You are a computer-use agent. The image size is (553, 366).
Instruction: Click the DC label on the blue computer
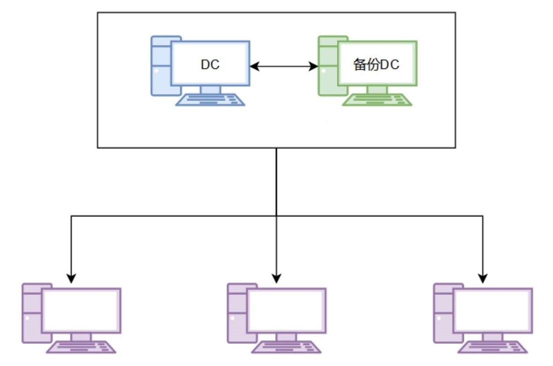pyautogui.click(x=210, y=65)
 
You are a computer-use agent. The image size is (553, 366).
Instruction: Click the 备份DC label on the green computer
pyautogui.click(x=376, y=65)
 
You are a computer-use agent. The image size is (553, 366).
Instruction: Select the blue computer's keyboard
pyautogui.click(x=210, y=99)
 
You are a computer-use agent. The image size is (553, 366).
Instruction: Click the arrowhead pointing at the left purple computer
pyautogui.click(x=72, y=278)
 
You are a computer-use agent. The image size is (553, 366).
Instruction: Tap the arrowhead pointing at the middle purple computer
pyautogui.click(x=276, y=278)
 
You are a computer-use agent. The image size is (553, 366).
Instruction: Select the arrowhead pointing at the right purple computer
pyautogui.click(x=483, y=278)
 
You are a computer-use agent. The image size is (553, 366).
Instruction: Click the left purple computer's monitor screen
pyautogui.click(x=81, y=310)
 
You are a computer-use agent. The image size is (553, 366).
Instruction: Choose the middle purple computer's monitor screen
pyautogui.click(x=286, y=310)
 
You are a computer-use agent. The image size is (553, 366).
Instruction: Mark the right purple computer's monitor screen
pyautogui.click(x=493, y=310)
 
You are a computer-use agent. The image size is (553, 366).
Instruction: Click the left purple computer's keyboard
pyautogui.click(x=81, y=347)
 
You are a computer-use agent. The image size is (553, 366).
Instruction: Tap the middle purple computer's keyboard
pyautogui.click(x=286, y=347)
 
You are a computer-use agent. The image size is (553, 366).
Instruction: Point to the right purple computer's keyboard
pyautogui.click(x=492, y=347)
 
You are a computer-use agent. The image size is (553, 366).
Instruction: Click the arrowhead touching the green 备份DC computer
pyautogui.click(x=315, y=66)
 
